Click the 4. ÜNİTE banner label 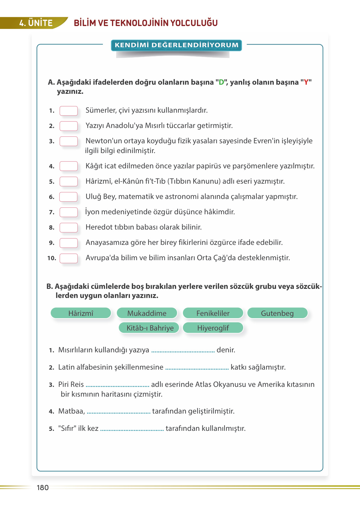pos(36,23)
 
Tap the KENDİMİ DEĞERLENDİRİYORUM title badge pos(176,45)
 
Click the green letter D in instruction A pos(221,82)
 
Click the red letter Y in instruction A pos(306,82)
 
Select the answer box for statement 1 pos(69,111)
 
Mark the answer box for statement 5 pos(69,181)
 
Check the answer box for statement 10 pos(69,258)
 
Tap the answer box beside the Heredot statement pos(69,227)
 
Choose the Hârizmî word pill pos(81,313)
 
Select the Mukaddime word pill pos(147,313)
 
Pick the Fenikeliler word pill pos(213,313)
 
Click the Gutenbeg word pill pos(277,313)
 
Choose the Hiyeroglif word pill pos(213,328)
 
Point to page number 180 pos(43,487)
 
